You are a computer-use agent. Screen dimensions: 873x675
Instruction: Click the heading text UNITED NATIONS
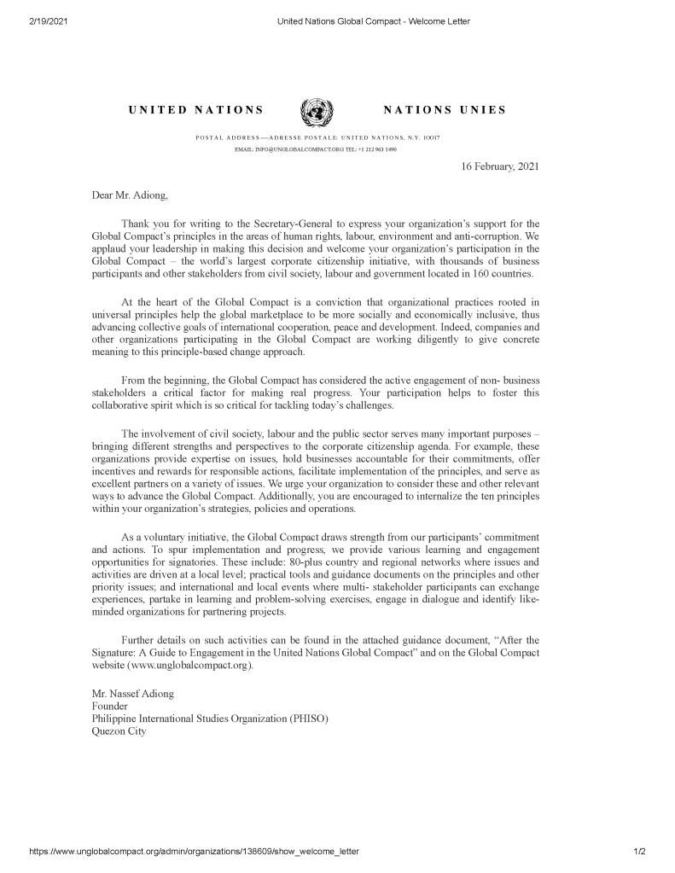click(x=195, y=110)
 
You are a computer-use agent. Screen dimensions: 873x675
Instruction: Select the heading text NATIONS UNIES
click(x=445, y=110)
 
